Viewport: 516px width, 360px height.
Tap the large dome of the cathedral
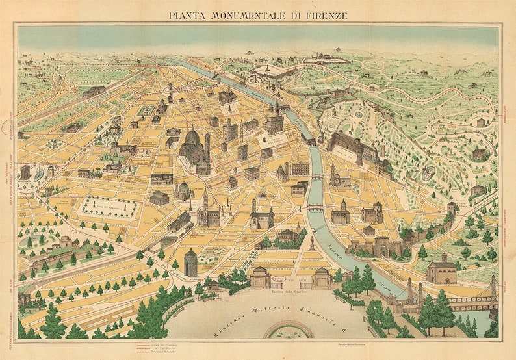click(192, 138)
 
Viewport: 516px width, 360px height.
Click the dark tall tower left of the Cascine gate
click(190, 263)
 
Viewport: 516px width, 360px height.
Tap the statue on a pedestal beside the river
click(311, 243)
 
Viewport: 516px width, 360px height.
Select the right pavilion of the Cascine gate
click(322, 278)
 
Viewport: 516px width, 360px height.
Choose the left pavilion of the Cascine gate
click(260, 278)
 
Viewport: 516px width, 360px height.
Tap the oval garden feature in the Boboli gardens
click(428, 174)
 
